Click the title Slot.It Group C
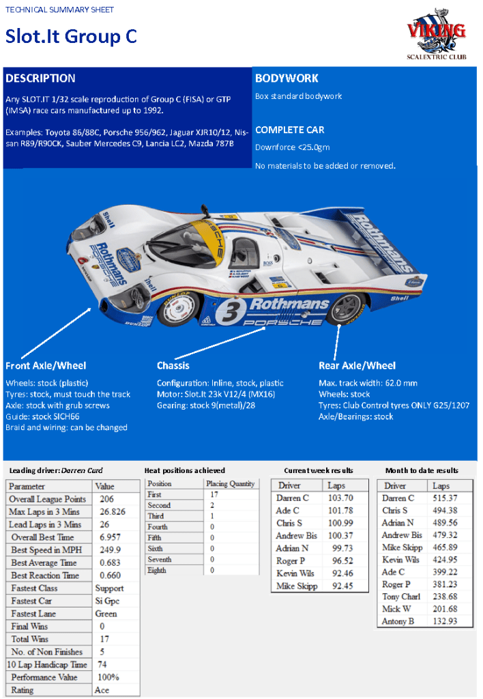click(x=71, y=36)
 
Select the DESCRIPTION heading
click(x=40, y=79)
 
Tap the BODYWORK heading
click(x=287, y=79)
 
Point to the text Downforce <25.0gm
click(x=292, y=147)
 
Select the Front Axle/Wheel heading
click(x=46, y=366)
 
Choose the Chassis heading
click(x=173, y=366)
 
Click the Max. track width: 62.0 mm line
click(x=368, y=384)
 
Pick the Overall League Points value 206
click(x=106, y=499)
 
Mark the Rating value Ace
click(x=102, y=689)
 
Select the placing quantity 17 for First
click(x=214, y=494)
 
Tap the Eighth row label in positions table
click(x=157, y=570)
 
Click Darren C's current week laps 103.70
click(x=341, y=498)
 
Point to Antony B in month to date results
click(x=398, y=620)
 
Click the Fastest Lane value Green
click(x=106, y=613)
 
